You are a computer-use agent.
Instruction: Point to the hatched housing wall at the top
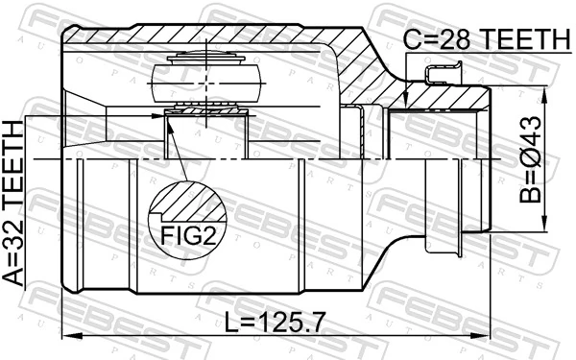click(221, 38)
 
